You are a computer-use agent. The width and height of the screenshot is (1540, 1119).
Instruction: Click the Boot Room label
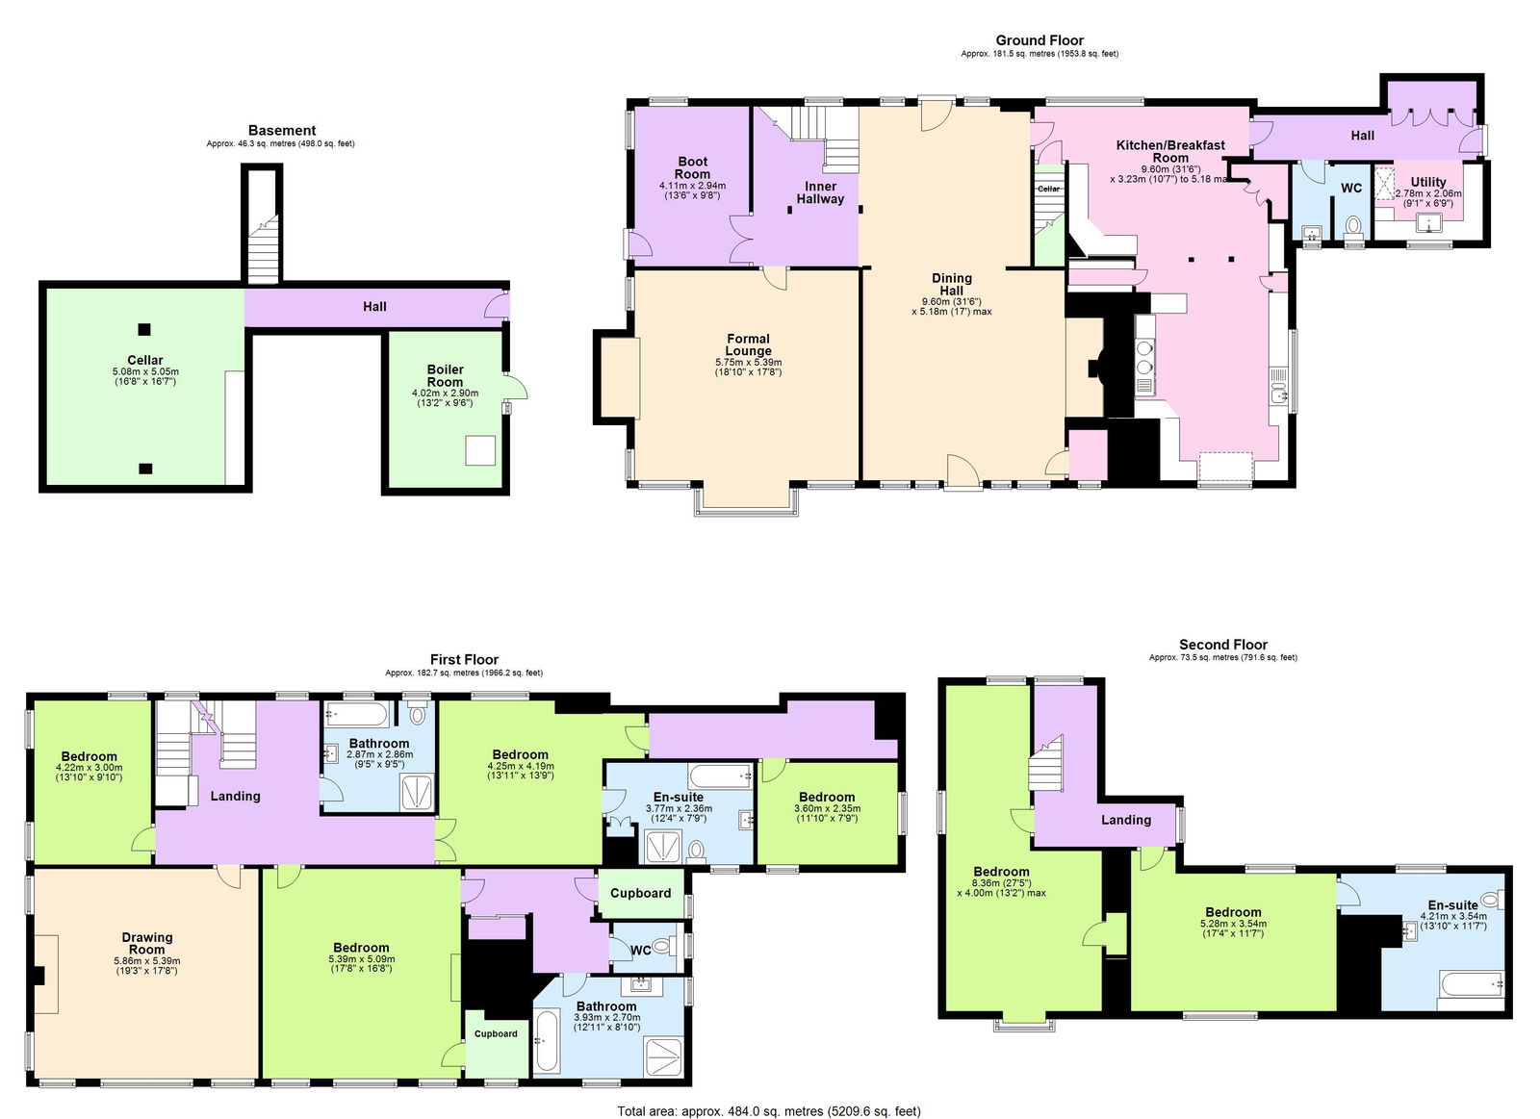(692, 168)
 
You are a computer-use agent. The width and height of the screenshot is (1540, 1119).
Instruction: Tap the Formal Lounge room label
(748, 344)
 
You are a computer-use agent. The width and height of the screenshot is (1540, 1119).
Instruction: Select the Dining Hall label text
(951, 284)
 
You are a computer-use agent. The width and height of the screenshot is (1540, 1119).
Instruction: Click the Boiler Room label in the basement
(445, 375)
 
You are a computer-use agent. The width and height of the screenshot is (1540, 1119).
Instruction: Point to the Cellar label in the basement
(145, 360)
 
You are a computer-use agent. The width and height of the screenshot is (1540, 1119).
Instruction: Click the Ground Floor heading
(1039, 40)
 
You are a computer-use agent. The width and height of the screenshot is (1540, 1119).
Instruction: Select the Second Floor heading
(1222, 645)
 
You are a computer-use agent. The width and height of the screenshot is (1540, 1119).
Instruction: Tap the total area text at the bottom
(768, 1110)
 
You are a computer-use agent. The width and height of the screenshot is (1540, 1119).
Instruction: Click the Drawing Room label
(147, 943)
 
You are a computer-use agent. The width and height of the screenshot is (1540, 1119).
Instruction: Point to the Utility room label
(1428, 182)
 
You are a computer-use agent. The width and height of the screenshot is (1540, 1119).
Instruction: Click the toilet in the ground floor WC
(1354, 226)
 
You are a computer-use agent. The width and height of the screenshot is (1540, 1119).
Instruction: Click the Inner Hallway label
(820, 192)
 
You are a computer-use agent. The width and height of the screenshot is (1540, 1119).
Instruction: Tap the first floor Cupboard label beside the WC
(640, 893)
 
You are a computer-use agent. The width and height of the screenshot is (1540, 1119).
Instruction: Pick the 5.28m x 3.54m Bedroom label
(1233, 912)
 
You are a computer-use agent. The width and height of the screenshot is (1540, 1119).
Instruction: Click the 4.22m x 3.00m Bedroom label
(89, 757)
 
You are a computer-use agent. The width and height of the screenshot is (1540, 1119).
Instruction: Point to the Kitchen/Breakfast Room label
(1170, 151)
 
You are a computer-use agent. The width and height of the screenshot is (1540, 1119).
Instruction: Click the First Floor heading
(464, 660)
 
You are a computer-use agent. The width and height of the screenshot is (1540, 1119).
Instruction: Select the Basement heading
(281, 131)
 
